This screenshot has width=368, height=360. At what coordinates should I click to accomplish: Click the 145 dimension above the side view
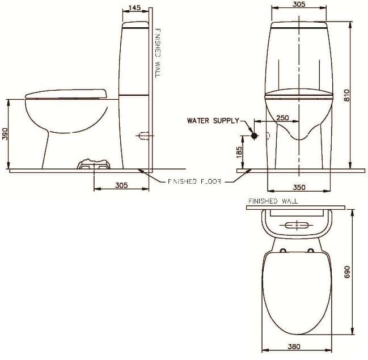click(x=135, y=7)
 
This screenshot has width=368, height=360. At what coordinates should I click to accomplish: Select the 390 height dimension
click(x=5, y=134)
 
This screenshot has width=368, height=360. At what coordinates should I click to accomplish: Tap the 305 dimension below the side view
click(x=121, y=185)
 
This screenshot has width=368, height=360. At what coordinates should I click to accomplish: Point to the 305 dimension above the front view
click(x=299, y=5)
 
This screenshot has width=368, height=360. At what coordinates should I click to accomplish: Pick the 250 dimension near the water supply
click(x=282, y=118)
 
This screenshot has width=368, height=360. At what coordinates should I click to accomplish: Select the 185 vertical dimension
click(x=239, y=151)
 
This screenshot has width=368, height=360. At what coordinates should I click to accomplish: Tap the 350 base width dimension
click(x=299, y=187)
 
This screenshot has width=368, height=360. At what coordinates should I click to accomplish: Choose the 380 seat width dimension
click(x=294, y=346)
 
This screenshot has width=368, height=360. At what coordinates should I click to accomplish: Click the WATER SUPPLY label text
click(x=213, y=121)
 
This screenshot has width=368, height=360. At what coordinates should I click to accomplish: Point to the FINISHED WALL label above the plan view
click(x=273, y=201)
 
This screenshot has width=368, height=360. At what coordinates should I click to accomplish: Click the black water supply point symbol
click(x=255, y=136)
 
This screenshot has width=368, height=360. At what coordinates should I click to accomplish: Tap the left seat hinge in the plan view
click(x=282, y=249)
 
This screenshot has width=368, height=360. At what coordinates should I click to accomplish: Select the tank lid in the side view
click(x=136, y=25)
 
